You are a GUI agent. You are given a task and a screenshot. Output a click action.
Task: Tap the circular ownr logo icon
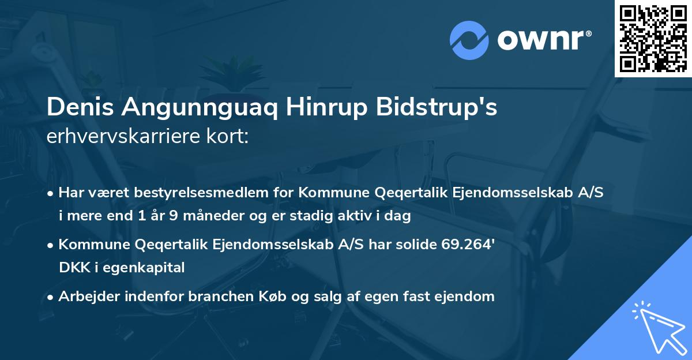coord(469,40)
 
